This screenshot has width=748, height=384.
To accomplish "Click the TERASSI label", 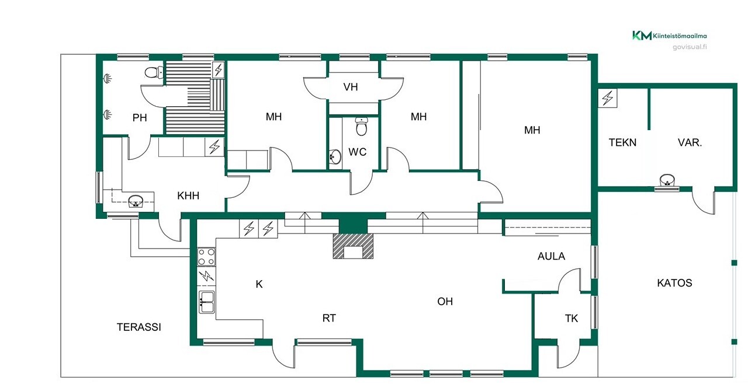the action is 139,327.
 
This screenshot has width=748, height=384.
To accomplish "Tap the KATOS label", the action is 674,283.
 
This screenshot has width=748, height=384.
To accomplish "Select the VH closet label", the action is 351,87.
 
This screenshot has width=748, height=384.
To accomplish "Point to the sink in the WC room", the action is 335,156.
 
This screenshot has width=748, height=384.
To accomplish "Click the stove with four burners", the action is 206,257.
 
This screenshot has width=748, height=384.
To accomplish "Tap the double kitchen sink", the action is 207,302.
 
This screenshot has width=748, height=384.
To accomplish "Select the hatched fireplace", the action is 353,246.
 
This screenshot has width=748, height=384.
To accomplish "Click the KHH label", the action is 188,196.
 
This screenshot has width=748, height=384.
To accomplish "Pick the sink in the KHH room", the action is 136,201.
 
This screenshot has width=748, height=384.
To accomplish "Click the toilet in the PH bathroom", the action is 154,72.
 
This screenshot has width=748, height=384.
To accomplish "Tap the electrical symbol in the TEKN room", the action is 607,98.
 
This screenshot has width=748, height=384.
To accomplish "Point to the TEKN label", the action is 622,142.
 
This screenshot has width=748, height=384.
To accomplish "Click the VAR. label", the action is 690,142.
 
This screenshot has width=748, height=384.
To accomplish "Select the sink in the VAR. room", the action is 667,180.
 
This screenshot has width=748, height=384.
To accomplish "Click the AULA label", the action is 551,256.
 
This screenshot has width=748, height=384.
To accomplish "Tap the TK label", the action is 572,319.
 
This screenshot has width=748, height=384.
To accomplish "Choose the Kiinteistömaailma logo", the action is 670,36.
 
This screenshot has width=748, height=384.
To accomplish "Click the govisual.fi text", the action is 690,47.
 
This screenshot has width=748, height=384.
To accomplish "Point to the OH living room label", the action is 445,302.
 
